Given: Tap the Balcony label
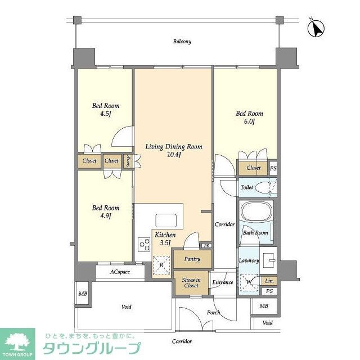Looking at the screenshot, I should coord(182,42).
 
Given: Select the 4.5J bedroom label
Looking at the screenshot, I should coord(106,110).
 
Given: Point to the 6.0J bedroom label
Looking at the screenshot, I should coord(249,118).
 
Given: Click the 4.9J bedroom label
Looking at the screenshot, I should coord(106,211).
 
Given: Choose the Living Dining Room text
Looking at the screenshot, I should coord(173,150).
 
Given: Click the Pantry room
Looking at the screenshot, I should coord(192,259).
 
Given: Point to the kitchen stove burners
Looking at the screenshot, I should coord(144,245).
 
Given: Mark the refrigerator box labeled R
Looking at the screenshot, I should coord(162,265).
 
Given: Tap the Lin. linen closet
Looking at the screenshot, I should coord(269,281).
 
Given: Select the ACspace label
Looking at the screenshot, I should coord(120,272).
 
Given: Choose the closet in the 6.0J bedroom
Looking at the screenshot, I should coord(253,168).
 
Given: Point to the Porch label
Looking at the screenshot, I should coord(213,313).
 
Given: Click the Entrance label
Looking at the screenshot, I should coord(222,282).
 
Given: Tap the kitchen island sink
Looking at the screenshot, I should coord(165,219).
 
